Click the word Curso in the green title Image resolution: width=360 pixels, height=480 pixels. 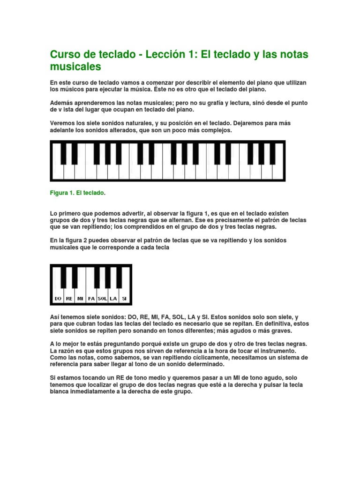[65, 55]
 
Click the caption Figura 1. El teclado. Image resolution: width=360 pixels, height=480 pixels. [78, 193]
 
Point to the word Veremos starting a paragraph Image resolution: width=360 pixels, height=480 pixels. [63, 123]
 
